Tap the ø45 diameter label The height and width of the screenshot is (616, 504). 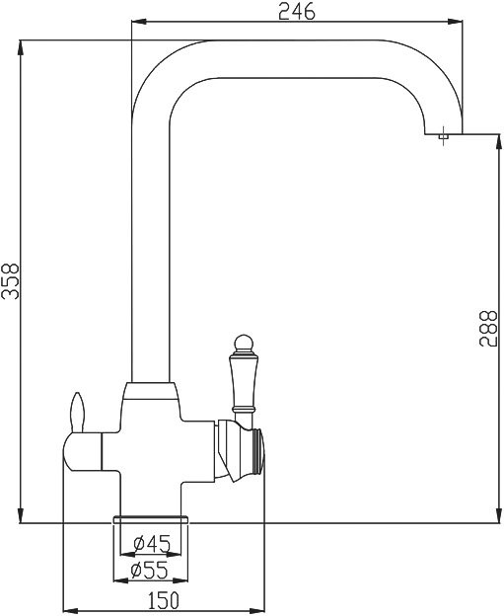(152, 543)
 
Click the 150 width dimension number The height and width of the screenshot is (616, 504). (164, 600)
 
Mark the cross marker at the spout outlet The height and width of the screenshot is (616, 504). (445, 135)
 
